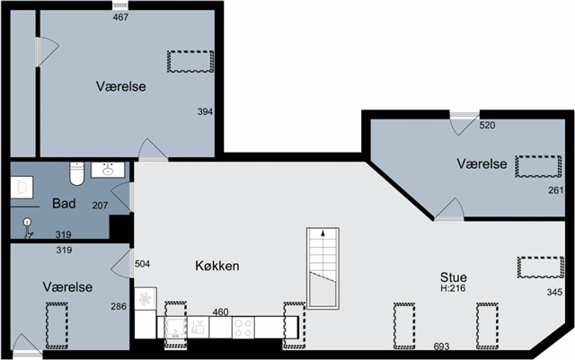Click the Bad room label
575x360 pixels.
pos(64,204)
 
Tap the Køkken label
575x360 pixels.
pos(217,266)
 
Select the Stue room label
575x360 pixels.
pos(454,277)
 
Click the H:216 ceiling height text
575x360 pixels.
pos(453,288)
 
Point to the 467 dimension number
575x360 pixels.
pos(120,17)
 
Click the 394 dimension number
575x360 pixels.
pos(205,112)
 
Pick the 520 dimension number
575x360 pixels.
pos(487,126)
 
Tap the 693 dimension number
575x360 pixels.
pos(441,347)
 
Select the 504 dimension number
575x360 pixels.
pos(142,264)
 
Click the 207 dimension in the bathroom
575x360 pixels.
pos(100,206)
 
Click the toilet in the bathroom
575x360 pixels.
pos(77,173)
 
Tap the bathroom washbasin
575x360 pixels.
pos(108,170)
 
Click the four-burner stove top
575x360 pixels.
pos(243,328)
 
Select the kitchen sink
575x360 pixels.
pos(176,328)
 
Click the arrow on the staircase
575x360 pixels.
pos(323,233)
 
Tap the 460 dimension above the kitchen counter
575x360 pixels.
pos(220,312)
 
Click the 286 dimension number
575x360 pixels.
pos(119,306)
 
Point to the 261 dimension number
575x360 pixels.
pos(556,190)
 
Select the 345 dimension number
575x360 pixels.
pos(554,292)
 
